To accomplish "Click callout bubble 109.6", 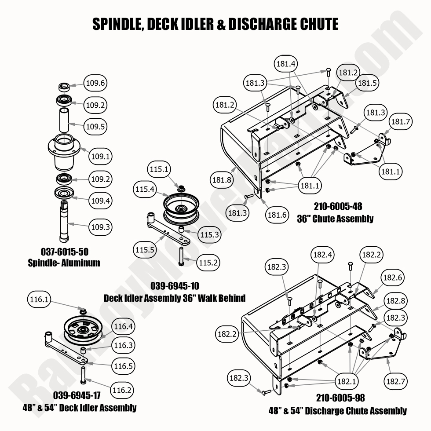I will pyautogui.click(x=96, y=83).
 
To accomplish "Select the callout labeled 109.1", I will pyautogui.click(x=96, y=156).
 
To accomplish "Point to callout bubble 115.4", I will pyautogui.click(x=145, y=190).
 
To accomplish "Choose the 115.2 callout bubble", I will pyautogui.click(x=208, y=262).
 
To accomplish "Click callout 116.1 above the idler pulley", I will pyautogui.click(x=40, y=300).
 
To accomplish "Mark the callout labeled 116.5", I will pyautogui.click(x=123, y=366).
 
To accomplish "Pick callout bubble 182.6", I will pyautogui.click(x=392, y=278).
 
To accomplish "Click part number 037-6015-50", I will pyautogui.click(x=64, y=252).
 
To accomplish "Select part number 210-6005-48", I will pyautogui.click(x=338, y=207).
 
